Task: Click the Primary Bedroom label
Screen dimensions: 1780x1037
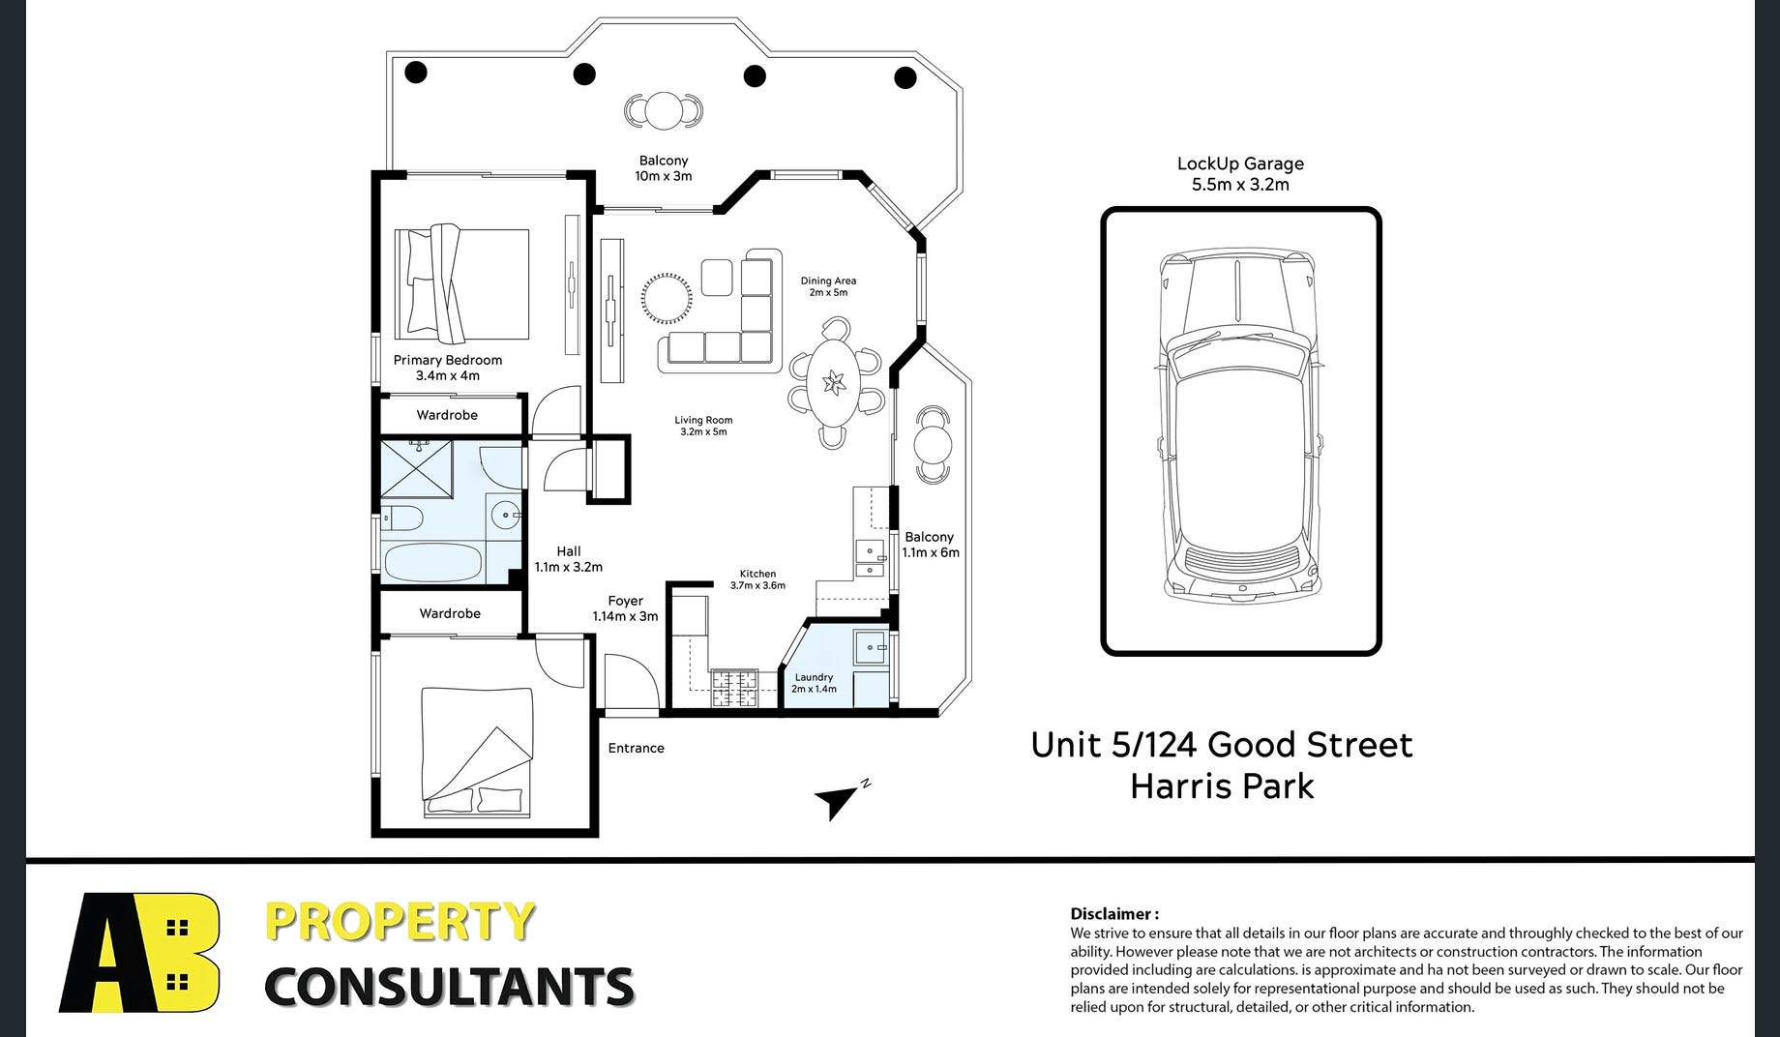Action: pyautogui.click(x=448, y=360)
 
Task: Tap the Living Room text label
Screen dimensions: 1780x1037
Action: pyautogui.click(x=703, y=420)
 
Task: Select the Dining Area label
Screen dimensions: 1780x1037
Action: pyautogui.click(x=828, y=281)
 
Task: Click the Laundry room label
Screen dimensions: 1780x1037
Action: pyautogui.click(x=814, y=677)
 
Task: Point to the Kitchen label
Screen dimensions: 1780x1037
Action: pyautogui.click(x=757, y=574)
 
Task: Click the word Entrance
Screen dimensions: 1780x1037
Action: pyautogui.click(x=636, y=748)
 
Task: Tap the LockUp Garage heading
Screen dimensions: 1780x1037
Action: pyautogui.click(x=1240, y=163)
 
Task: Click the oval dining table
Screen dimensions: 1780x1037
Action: pyautogui.click(x=833, y=383)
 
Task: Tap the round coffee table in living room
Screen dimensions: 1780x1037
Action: pyautogui.click(x=667, y=299)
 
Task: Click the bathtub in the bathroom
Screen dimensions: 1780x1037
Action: pyautogui.click(x=432, y=561)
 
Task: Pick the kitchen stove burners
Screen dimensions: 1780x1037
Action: pyautogui.click(x=734, y=690)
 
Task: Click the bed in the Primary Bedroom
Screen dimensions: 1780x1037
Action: pyautogui.click(x=462, y=283)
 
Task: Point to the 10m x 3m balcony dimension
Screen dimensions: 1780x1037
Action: pyautogui.click(x=664, y=176)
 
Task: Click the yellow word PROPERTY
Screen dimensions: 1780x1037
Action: pyautogui.click(x=400, y=922)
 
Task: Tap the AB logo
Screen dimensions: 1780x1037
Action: pyautogui.click(x=140, y=953)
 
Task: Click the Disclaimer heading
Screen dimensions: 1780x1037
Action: pyautogui.click(x=1114, y=913)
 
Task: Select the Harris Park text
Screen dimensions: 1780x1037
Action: pyautogui.click(x=1222, y=786)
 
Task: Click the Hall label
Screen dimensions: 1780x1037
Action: pyautogui.click(x=569, y=551)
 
